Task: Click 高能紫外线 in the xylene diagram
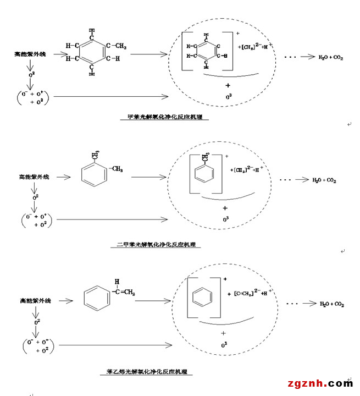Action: [x=34, y=177]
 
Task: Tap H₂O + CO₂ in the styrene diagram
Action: [x=331, y=304]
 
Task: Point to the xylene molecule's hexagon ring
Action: [x=93, y=175]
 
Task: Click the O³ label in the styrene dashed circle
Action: [x=224, y=345]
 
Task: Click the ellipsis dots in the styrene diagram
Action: [x=293, y=304]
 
